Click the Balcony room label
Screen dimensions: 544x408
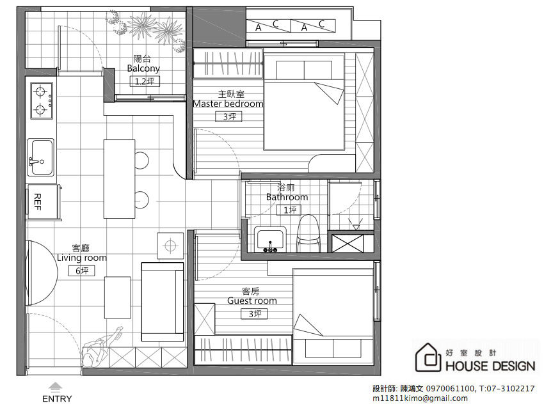143,68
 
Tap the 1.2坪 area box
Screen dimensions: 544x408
145,81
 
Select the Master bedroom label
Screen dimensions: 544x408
228,104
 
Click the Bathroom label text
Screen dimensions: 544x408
287,197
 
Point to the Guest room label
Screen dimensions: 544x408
252,301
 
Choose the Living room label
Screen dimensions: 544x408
82,258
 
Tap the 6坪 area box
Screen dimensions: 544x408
81,271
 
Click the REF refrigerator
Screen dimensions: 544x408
44,201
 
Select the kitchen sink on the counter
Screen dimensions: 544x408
41,157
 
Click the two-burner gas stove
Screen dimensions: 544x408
42,100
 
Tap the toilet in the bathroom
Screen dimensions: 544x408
308,233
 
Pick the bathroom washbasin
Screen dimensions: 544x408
270,239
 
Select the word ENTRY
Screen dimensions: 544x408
57,399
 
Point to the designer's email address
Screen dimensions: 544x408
420,398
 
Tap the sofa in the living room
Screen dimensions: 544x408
163,302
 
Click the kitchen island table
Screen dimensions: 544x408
119,179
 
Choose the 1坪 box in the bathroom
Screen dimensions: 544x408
289,210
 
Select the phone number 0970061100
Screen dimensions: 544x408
450,389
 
